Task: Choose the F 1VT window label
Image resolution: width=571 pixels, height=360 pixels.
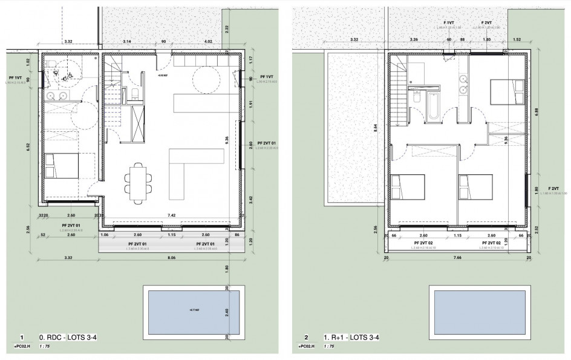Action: (448, 22)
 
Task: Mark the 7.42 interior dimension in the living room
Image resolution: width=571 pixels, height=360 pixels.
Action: (172, 215)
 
